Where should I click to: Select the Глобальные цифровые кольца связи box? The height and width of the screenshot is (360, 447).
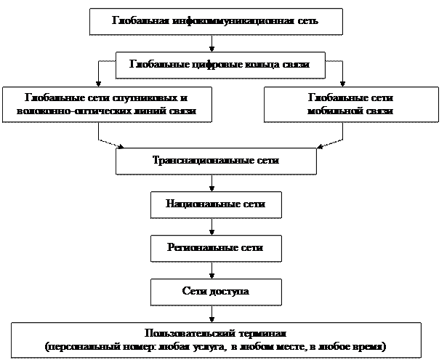[220, 65]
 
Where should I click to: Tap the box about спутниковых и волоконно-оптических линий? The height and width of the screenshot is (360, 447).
[106, 105]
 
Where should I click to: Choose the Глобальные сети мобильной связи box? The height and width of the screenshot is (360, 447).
[350, 105]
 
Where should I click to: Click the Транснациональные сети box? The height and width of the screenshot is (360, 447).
[216, 161]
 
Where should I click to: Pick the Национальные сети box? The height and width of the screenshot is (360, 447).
[215, 204]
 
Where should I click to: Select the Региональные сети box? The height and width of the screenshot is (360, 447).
[215, 248]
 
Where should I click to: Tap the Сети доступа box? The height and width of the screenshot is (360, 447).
[215, 291]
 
